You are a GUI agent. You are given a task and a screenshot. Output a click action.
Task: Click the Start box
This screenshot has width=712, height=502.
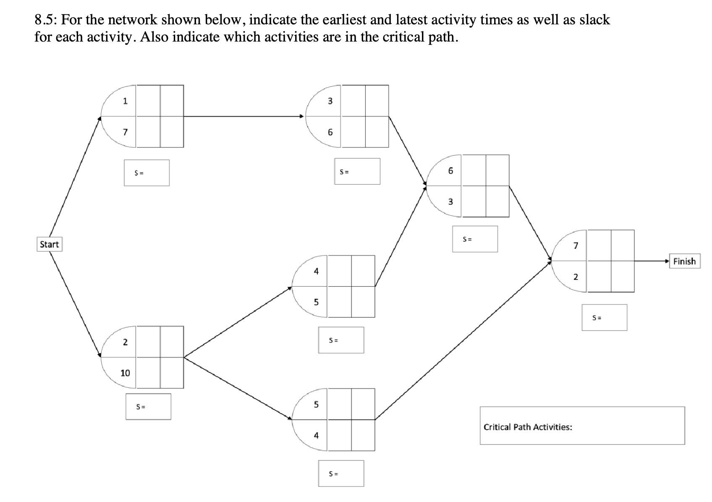(x=49, y=244)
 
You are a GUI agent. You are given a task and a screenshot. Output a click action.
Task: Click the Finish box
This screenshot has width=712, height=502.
(x=684, y=261)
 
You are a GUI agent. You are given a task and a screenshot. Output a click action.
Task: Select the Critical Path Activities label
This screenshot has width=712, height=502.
(x=528, y=427)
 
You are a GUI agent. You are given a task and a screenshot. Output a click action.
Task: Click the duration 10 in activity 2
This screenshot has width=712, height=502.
(x=125, y=373)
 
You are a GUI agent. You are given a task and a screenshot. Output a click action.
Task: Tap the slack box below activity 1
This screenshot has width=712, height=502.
(x=147, y=173)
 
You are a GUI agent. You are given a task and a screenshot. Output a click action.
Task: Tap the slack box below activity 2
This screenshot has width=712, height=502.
(x=148, y=406)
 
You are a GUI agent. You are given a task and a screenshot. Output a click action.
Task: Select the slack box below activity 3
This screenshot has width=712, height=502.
(x=357, y=171)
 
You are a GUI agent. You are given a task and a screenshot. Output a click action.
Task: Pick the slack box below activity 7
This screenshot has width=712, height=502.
(x=604, y=317)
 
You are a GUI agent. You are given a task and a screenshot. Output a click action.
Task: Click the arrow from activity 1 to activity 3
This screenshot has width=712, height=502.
(x=243, y=116)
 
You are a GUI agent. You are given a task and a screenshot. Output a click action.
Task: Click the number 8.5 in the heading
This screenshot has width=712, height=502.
(x=44, y=20)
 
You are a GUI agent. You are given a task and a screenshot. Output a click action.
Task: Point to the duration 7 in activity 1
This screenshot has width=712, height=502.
(x=125, y=132)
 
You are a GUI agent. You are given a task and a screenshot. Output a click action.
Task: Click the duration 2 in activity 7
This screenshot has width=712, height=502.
(x=576, y=277)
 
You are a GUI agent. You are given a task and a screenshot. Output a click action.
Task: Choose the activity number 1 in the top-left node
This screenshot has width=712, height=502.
(x=125, y=101)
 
